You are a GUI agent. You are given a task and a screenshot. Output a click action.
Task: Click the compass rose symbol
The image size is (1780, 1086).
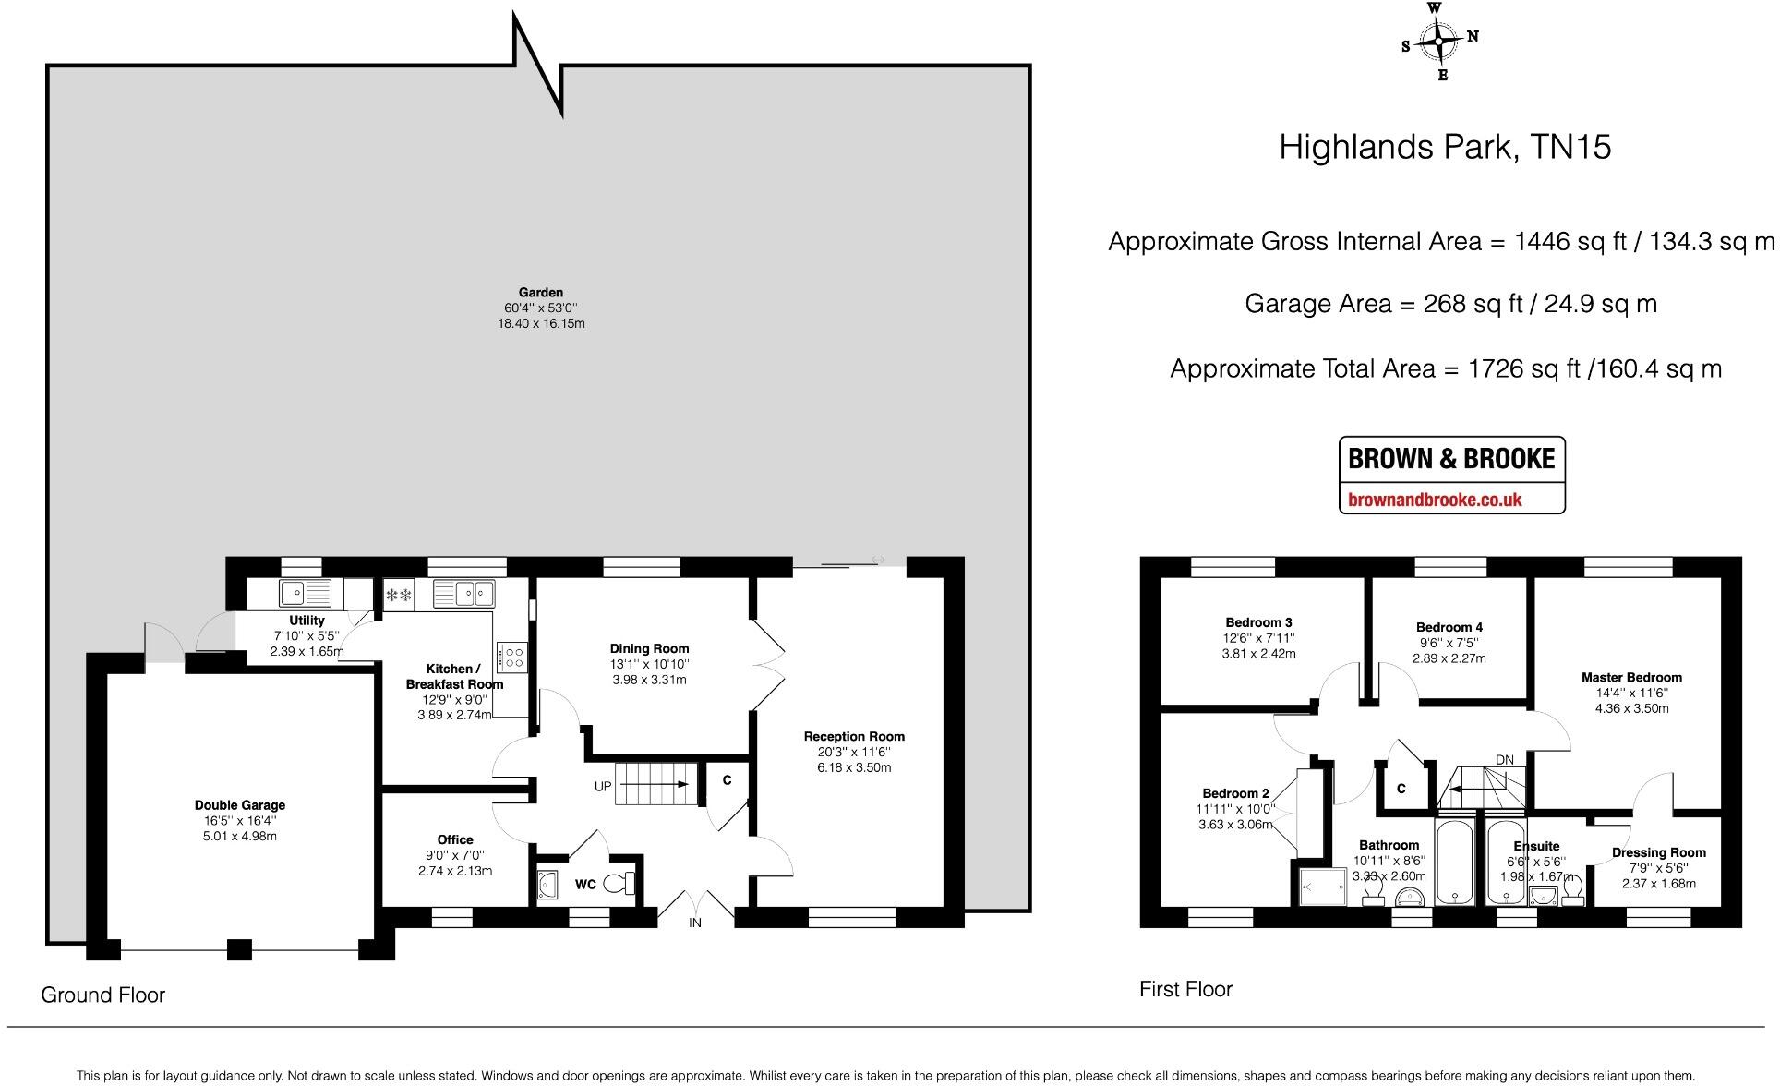pos(1439,42)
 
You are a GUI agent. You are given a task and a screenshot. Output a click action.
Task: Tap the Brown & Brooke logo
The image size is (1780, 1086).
pos(1451,475)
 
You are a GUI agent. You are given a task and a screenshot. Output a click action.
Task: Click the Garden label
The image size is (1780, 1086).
pos(540,293)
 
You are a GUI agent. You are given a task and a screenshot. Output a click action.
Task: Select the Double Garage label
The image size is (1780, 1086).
pos(240,805)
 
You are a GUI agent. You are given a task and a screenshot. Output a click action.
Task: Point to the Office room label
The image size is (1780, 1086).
pos(455,839)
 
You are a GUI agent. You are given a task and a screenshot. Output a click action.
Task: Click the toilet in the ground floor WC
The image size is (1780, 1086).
pos(619,884)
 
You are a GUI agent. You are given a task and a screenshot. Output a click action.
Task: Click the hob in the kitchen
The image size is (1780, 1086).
pos(511,656)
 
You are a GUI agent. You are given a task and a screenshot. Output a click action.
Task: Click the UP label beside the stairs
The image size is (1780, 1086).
pos(603,787)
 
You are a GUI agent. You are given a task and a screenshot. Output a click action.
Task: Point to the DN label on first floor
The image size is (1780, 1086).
pos(1504,760)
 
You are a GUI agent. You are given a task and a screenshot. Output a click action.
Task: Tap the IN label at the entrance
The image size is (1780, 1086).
pos(695,923)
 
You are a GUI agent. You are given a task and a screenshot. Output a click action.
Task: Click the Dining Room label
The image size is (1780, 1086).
pos(649,648)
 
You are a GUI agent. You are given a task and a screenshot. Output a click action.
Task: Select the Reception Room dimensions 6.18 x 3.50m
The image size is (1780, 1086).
pos(854,767)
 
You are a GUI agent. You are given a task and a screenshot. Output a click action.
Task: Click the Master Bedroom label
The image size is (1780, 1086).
pos(1631,677)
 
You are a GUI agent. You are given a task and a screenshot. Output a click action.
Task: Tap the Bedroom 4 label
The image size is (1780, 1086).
pos(1449,627)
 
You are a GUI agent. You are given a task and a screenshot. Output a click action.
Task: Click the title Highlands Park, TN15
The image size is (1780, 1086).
pos(1445,148)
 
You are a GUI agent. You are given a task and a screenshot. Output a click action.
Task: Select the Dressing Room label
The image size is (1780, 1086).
pos(1658,852)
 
